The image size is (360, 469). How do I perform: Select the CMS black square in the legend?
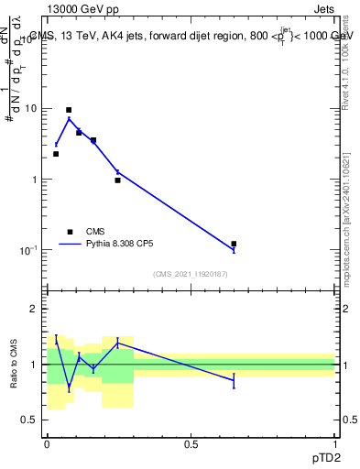coord(69,232)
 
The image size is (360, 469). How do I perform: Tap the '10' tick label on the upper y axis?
coord(30,109)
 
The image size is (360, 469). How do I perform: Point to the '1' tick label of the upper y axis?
coord(34,180)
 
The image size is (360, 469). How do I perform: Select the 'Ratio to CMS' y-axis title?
coord(15,365)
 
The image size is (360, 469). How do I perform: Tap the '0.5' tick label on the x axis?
coord(191,443)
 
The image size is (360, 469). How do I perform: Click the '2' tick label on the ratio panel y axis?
coord(34,310)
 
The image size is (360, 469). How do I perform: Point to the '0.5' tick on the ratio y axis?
coord(29,420)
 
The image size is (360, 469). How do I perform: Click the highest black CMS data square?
coord(69,110)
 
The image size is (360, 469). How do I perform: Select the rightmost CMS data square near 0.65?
coord(234,244)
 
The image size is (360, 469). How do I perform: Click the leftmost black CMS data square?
coord(56,154)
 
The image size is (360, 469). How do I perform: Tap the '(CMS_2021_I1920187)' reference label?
coord(190,274)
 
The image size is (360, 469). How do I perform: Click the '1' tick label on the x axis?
coord(335,443)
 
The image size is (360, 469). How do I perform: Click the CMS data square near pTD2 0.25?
coord(117,180)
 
